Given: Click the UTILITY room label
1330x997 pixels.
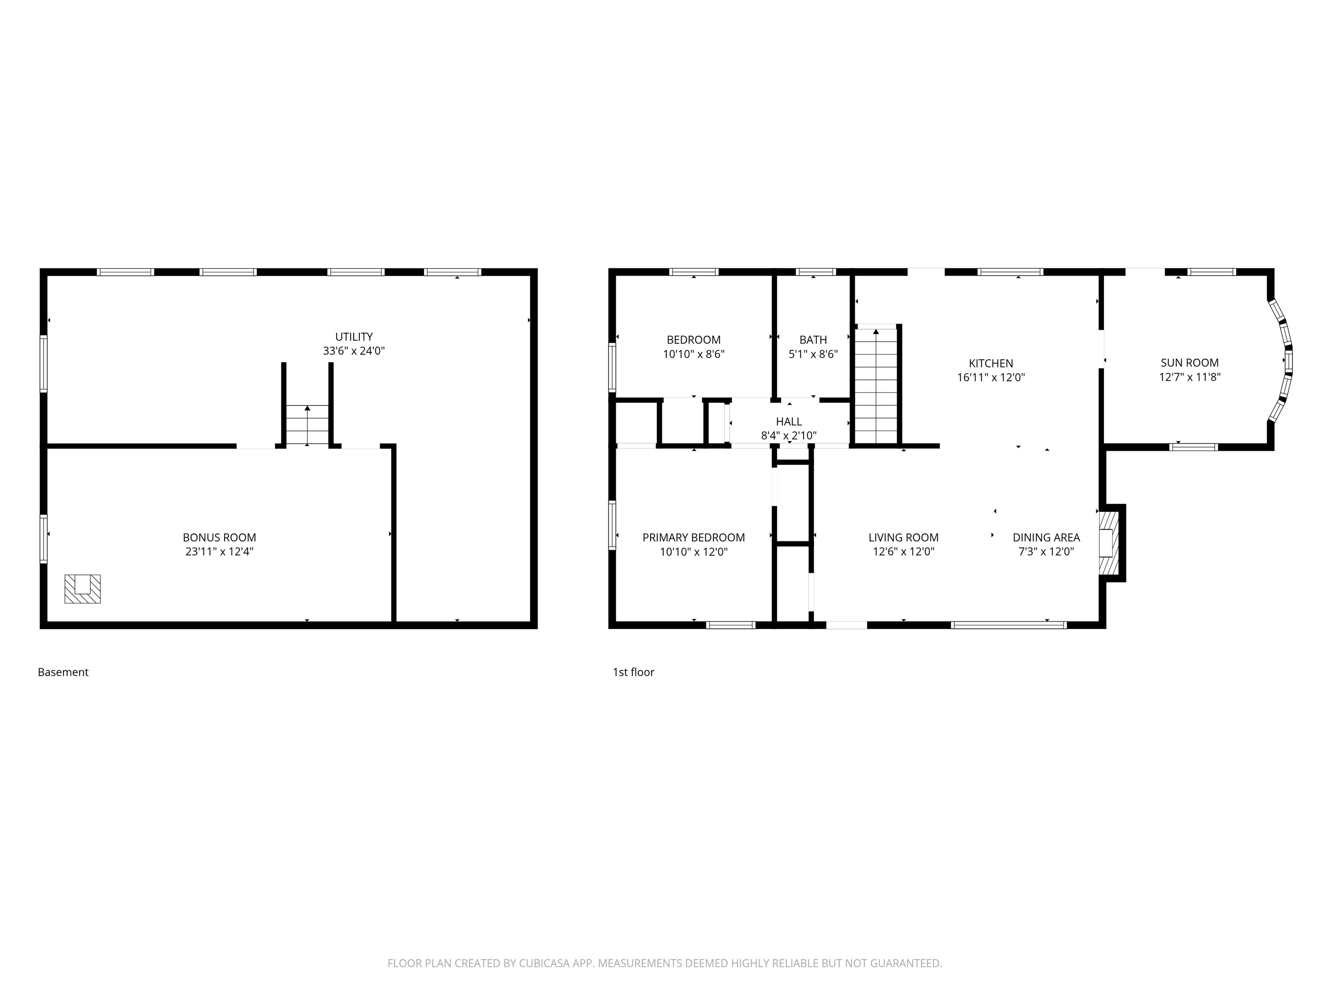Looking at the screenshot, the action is click(x=354, y=337).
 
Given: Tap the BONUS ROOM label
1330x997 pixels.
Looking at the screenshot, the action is click(x=220, y=538).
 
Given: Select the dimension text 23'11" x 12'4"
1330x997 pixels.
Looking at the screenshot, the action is click(x=220, y=552).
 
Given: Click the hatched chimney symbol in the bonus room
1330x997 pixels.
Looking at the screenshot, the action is click(x=82, y=589).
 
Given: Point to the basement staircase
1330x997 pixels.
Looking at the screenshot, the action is click(x=307, y=425).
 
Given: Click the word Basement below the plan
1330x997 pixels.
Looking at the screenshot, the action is click(x=63, y=672).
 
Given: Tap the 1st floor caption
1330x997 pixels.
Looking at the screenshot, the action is click(x=633, y=672).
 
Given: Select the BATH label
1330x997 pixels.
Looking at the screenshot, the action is click(x=813, y=340).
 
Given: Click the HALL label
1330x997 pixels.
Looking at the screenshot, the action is click(x=789, y=422).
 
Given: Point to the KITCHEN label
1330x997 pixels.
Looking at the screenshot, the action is click(x=991, y=363).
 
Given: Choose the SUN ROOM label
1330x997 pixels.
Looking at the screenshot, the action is click(x=1189, y=363).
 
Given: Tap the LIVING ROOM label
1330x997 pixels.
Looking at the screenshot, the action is click(x=903, y=538).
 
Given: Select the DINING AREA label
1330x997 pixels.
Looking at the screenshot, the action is click(x=1046, y=538).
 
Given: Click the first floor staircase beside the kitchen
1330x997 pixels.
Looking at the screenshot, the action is click(x=876, y=385).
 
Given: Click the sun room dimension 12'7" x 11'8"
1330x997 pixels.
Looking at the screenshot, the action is click(x=1189, y=377).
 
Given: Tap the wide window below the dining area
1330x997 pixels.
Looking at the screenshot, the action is click(x=1009, y=625).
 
